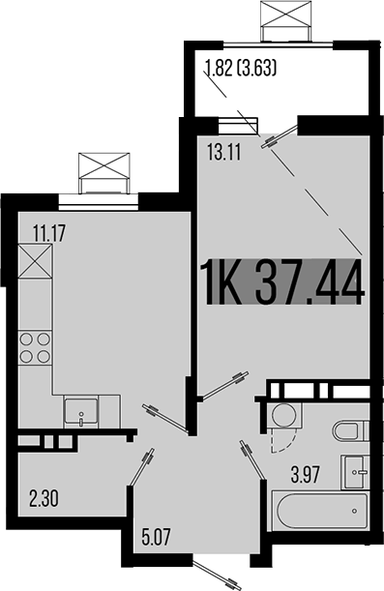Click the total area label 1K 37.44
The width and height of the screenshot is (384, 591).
coord(282,282)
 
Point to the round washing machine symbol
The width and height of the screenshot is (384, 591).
coord(284,417)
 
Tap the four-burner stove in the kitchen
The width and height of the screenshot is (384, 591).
coord(34,347)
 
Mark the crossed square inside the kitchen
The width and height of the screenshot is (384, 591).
coord(34,261)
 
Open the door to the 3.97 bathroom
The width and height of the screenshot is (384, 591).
coord(253,460)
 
